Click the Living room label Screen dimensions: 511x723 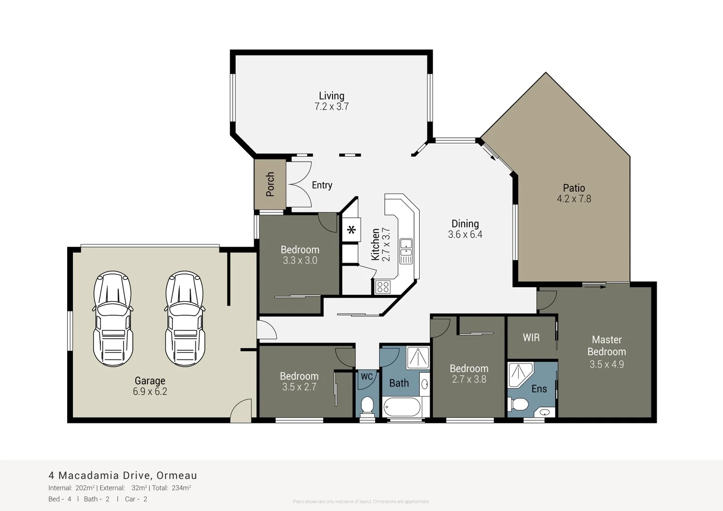pyautogui.click(x=331, y=96)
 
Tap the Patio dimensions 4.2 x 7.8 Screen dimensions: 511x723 pyautogui.click(x=574, y=199)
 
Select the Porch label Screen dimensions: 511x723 pyautogui.click(x=270, y=184)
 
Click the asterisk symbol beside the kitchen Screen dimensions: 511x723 pyautogui.click(x=351, y=230)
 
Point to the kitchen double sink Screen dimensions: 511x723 pyautogui.click(x=406, y=251)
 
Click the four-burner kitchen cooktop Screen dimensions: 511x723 pyautogui.click(x=383, y=287)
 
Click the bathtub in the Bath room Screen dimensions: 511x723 pyautogui.click(x=402, y=406)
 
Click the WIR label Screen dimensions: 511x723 pyautogui.click(x=531, y=338)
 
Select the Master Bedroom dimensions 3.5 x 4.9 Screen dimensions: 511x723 pyautogui.click(x=607, y=364)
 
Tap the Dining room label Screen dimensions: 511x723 pyautogui.click(x=465, y=224)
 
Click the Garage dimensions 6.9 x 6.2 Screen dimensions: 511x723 pyautogui.click(x=150, y=392)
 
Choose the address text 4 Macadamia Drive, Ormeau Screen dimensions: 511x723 pyautogui.click(x=123, y=476)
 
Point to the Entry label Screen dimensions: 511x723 pyautogui.click(x=322, y=185)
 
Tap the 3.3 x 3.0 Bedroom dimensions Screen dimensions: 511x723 pyautogui.click(x=300, y=261)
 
